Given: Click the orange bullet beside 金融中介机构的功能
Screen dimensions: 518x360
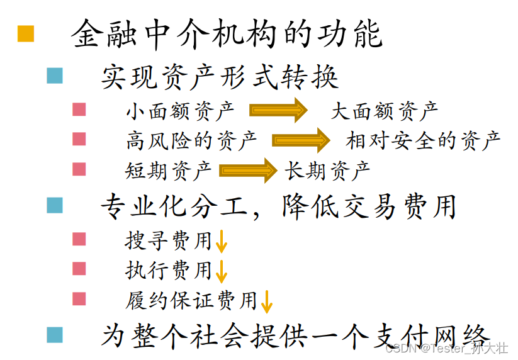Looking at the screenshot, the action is click(x=26, y=34).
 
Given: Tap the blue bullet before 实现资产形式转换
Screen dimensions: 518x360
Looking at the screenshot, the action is click(x=55, y=77).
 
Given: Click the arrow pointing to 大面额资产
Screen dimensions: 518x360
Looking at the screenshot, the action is click(x=278, y=110).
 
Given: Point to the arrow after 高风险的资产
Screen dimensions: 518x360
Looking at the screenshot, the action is click(x=301, y=140).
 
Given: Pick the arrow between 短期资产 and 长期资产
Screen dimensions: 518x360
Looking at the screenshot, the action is click(x=248, y=170).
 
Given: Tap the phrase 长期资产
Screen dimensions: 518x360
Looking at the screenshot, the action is click(x=327, y=170).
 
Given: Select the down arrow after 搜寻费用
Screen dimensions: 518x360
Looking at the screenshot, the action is click(x=221, y=242).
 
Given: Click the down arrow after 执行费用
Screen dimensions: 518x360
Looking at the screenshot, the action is click(x=221, y=271).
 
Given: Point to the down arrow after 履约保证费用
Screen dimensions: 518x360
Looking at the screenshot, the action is click(x=266, y=301).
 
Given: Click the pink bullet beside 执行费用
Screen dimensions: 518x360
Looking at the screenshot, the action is click(x=79, y=269).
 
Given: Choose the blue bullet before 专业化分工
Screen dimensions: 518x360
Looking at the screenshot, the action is click(x=55, y=205).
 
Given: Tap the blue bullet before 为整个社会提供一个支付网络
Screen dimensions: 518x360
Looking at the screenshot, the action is click(x=55, y=334).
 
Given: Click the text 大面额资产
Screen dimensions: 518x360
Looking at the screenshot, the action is click(x=385, y=111).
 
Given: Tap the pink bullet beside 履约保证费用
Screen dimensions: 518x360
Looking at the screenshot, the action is click(x=79, y=298).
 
